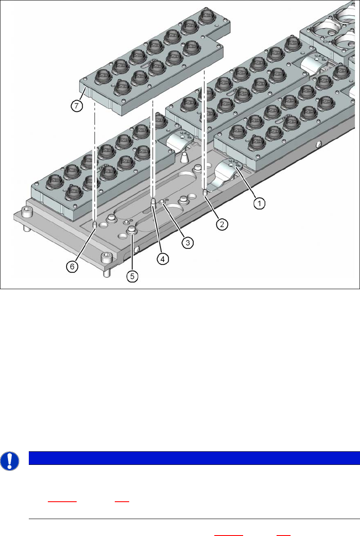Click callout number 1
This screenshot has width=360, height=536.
coord(260,203)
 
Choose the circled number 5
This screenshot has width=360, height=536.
coord(133,276)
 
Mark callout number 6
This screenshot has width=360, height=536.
coord(72,266)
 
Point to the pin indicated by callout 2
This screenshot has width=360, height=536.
coord(205,193)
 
